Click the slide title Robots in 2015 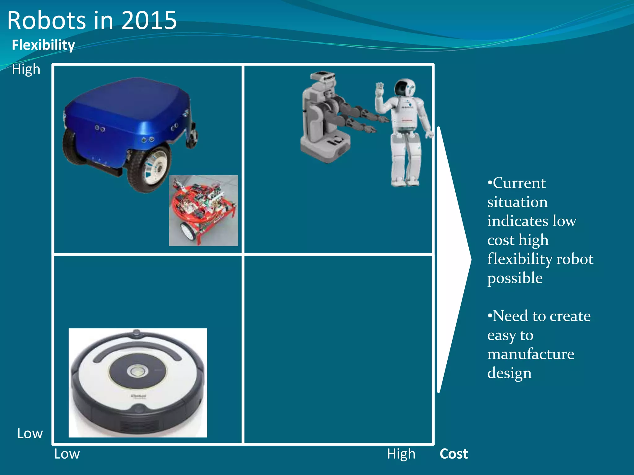pos(92,20)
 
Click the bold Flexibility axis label pos(43,45)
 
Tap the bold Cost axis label pos(454,454)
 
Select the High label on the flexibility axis pos(26,69)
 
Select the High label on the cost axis pos(401,454)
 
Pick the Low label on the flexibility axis pos(30,433)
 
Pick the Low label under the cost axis pos(67,454)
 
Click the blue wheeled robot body pos(127,114)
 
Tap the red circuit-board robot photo pos(203,210)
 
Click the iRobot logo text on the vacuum pos(138,396)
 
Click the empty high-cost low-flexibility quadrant pos(338,349)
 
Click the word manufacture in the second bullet pos(531,354)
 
